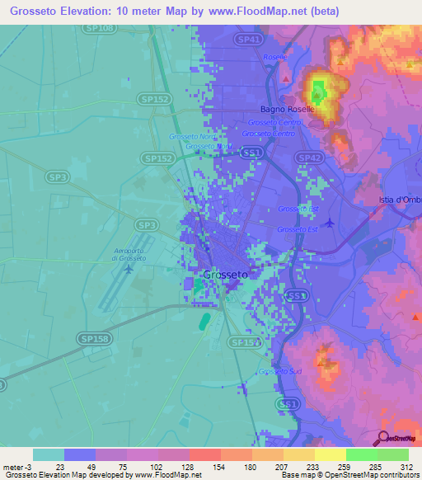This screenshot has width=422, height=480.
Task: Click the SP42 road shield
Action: point(309,158)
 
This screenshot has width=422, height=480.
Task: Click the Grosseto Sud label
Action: point(279,372)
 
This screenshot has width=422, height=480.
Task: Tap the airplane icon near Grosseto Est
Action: point(331,222)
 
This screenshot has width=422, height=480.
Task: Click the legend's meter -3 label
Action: point(16,467)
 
